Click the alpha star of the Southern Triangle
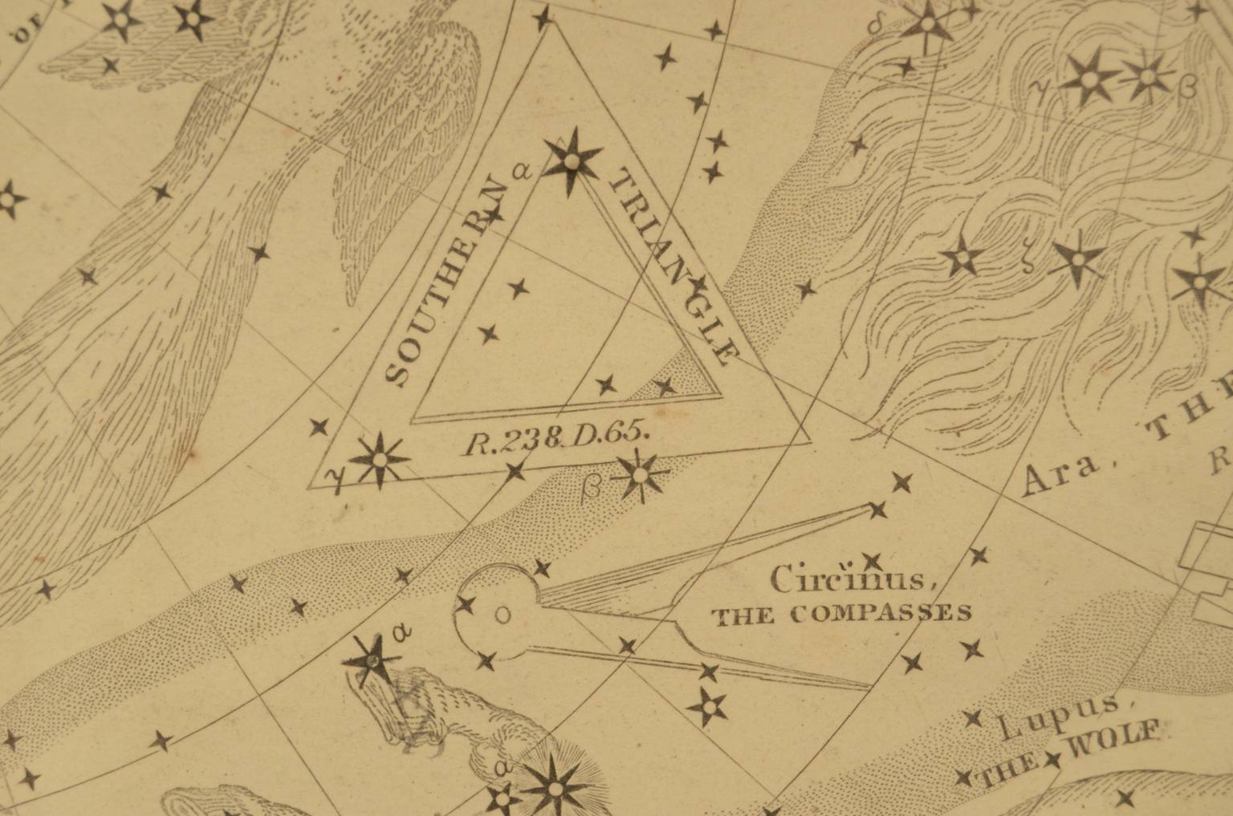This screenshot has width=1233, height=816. click(572, 161)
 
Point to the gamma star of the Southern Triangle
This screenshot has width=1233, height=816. click(379, 460)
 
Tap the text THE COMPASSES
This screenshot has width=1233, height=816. click(841, 615)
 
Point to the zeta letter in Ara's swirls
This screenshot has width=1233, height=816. click(1028, 266)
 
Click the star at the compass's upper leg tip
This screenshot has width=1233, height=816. click(878, 509)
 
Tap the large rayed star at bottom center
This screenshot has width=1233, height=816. click(553, 784)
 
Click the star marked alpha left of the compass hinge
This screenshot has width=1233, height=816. click(372, 660)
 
